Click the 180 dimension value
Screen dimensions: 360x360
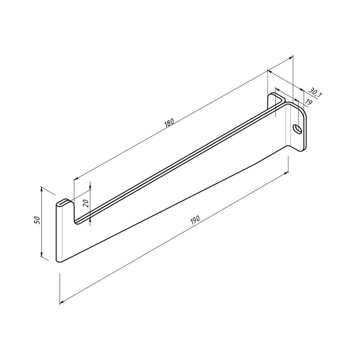tap(169, 123)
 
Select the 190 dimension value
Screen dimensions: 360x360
tap(195, 221)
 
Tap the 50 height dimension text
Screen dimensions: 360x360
tap(38, 221)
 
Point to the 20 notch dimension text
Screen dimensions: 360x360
tap(86, 204)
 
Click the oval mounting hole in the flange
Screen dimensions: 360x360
tap(297, 129)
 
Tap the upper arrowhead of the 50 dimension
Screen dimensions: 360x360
tap(42, 189)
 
